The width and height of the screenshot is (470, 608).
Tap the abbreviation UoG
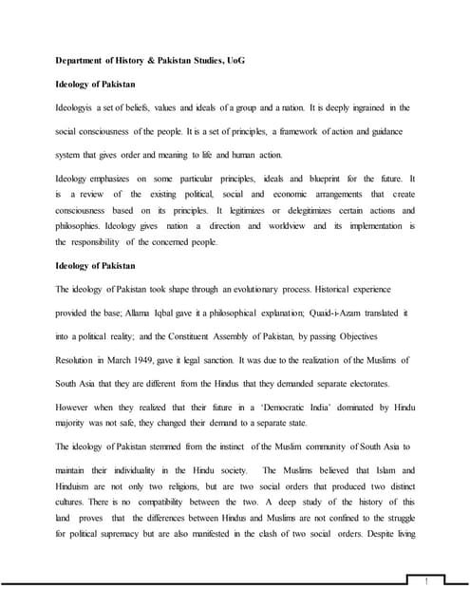coord(235,61)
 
